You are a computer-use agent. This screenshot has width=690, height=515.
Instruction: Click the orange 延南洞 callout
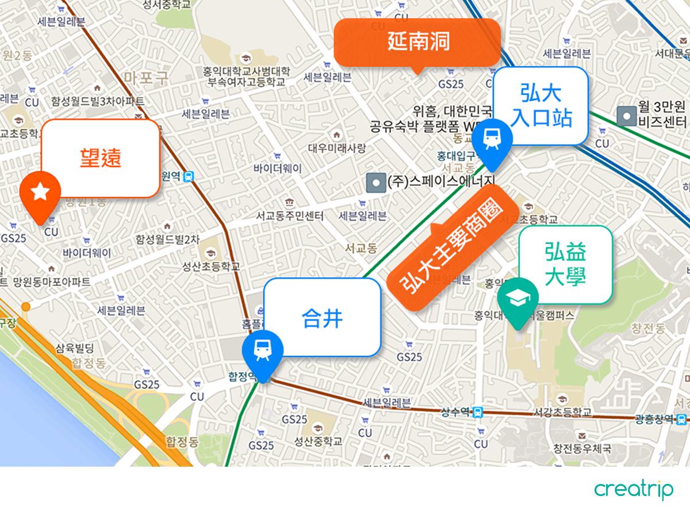pos(417,42)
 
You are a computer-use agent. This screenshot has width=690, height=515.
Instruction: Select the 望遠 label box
pos(100,158)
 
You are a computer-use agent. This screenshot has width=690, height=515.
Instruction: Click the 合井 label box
pos(323,317)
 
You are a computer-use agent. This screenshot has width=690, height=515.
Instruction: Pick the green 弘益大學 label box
pos(565,264)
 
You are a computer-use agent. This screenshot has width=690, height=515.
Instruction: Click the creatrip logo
pos(633,490)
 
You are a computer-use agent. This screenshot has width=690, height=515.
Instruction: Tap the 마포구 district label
pos(146,78)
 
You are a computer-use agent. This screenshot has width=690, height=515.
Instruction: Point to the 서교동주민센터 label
pos(290,216)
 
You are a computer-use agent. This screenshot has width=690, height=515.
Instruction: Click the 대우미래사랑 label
pos(336,148)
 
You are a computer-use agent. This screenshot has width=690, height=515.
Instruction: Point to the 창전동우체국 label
pos(582,448)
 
